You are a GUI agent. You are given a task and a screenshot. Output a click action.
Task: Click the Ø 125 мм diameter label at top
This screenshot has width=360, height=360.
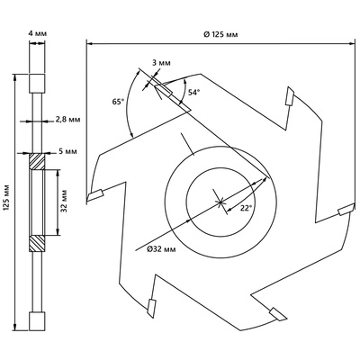(220, 34)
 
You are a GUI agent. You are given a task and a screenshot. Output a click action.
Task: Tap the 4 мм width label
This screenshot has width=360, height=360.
(38, 33)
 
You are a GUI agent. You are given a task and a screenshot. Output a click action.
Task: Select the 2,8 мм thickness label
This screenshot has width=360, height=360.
(67, 120)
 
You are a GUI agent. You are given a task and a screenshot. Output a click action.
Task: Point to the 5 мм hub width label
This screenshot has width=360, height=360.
(67, 151)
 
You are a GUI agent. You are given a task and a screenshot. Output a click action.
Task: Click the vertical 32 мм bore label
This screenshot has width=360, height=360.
(64, 201)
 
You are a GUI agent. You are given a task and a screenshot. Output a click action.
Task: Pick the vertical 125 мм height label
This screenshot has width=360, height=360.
(6, 201)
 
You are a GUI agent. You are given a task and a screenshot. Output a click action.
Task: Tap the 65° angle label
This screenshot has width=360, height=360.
(118, 102)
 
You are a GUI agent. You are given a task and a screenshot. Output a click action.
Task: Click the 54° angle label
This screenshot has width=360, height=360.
(193, 93)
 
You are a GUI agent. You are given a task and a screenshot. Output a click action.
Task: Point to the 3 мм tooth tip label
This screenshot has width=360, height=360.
(161, 63)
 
